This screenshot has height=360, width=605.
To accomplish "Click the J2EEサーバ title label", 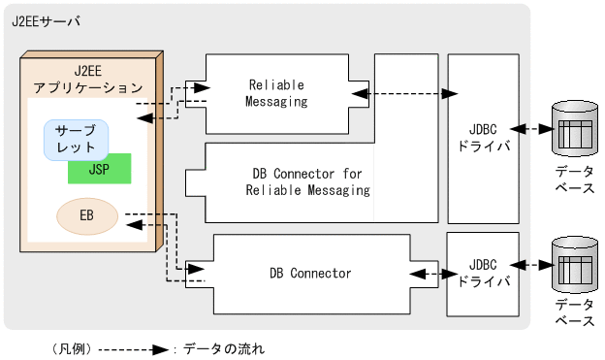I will tap(47, 21).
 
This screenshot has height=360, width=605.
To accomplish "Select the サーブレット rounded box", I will tap(76, 140).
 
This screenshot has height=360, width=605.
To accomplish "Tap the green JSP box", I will tap(99, 168).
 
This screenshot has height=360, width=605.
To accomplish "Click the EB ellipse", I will tap(86, 215).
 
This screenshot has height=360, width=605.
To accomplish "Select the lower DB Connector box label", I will tap(309, 273).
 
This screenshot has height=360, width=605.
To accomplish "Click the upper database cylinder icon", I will tap(573, 127).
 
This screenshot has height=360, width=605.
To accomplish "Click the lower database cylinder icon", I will tap(573, 265).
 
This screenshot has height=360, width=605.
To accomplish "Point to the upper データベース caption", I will tap(574, 179).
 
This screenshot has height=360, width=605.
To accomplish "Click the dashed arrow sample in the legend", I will tap(124, 346).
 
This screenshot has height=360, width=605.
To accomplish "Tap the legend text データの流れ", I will tap(222, 346).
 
